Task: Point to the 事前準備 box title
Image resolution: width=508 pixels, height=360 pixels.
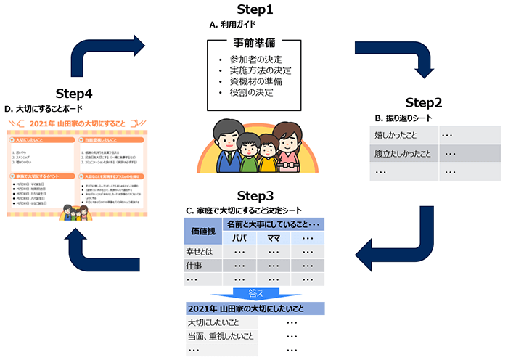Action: point(254,44)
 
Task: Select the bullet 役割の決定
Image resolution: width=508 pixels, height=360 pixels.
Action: point(253,94)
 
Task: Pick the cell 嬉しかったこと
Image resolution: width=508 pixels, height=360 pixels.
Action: point(398,135)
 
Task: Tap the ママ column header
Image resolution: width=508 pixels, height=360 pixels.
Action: point(274,238)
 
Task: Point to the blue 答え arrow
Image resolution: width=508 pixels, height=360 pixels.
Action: point(255,292)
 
